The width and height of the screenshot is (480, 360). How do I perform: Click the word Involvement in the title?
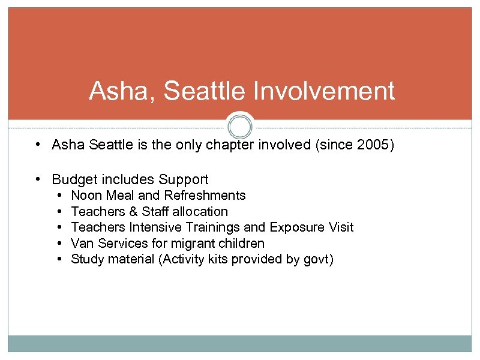pos(325,91)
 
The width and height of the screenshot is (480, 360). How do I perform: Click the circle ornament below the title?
pos(240,127)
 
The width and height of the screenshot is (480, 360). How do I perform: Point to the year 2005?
pos(371,145)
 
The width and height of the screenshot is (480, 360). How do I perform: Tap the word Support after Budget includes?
pos(183,179)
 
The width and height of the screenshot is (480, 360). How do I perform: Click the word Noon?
pos(86,196)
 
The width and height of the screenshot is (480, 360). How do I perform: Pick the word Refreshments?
pos(205,196)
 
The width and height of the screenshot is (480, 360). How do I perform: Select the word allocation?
pos(200,212)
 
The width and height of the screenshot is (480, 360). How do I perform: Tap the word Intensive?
pos(149,227)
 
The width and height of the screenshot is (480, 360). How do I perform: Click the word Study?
pos(88,260)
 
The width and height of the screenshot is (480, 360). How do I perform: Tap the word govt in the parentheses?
pos(316,260)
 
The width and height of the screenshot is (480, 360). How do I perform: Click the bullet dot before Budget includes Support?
pos(38,179)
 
